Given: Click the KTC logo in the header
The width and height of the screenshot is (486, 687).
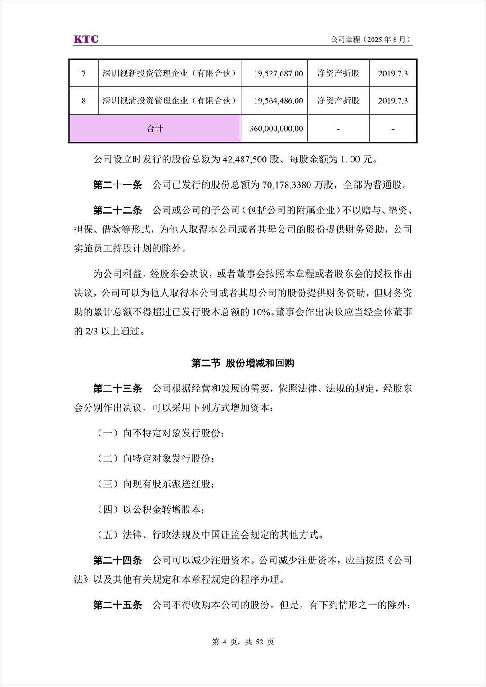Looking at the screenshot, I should [x=86, y=39].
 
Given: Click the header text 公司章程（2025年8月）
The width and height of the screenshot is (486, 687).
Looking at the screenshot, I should [x=371, y=40].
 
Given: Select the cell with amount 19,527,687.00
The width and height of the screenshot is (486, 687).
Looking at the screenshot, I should [x=278, y=73].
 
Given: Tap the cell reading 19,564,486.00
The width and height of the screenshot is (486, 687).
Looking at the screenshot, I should [x=278, y=101].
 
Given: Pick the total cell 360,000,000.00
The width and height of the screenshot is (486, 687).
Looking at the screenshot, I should [x=276, y=129].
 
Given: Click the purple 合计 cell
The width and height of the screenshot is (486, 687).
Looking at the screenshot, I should [x=155, y=129].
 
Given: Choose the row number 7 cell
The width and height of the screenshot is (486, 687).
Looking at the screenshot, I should [x=84, y=73].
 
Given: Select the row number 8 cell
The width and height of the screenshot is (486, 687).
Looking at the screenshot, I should [x=84, y=101].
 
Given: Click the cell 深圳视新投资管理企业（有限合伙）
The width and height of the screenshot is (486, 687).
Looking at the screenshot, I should [x=170, y=73].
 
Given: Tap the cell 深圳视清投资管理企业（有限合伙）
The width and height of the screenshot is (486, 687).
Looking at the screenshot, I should [x=170, y=101].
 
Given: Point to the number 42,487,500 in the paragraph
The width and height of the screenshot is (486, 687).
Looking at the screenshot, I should [x=245, y=159].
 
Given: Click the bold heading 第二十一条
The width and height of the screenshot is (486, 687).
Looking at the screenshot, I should [x=117, y=185].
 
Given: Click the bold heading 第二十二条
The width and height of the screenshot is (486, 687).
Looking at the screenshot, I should [x=117, y=210].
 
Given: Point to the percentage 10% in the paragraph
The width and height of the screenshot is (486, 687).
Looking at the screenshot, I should [x=261, y=312].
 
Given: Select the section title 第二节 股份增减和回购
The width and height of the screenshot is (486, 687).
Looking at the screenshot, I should [x=243, y=363].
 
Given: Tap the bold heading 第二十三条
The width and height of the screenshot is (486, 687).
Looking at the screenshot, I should [x=117, y=389].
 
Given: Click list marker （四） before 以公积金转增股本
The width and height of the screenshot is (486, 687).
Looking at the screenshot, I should [x=108, y=509].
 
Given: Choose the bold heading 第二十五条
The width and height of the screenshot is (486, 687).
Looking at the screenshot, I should [x=117, y=605].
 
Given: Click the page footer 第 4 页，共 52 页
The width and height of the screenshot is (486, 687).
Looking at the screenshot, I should [x=243, y=642].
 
